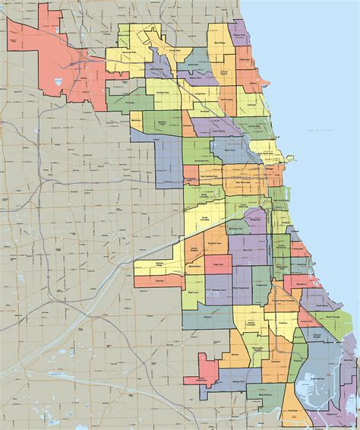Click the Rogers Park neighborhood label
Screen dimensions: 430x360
pyautogui.click(x=240, y=35)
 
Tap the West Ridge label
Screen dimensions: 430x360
pyautogui.click(x=219, y=43)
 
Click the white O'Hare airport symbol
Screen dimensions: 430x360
pyautogui.click(x=58, y=79)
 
